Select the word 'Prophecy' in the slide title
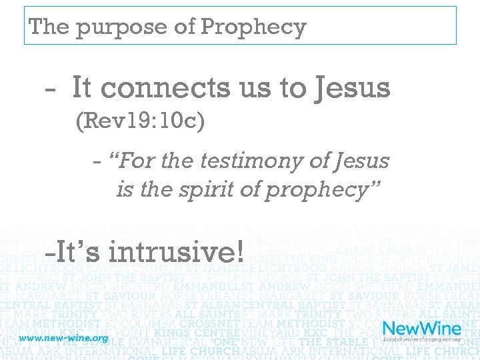click(253, 28)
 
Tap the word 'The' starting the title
click(50, 27)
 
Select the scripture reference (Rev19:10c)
click(140, 121)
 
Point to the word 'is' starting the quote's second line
click(124, 190)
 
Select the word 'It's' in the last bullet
click(73, 253)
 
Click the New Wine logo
click(421, 328)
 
